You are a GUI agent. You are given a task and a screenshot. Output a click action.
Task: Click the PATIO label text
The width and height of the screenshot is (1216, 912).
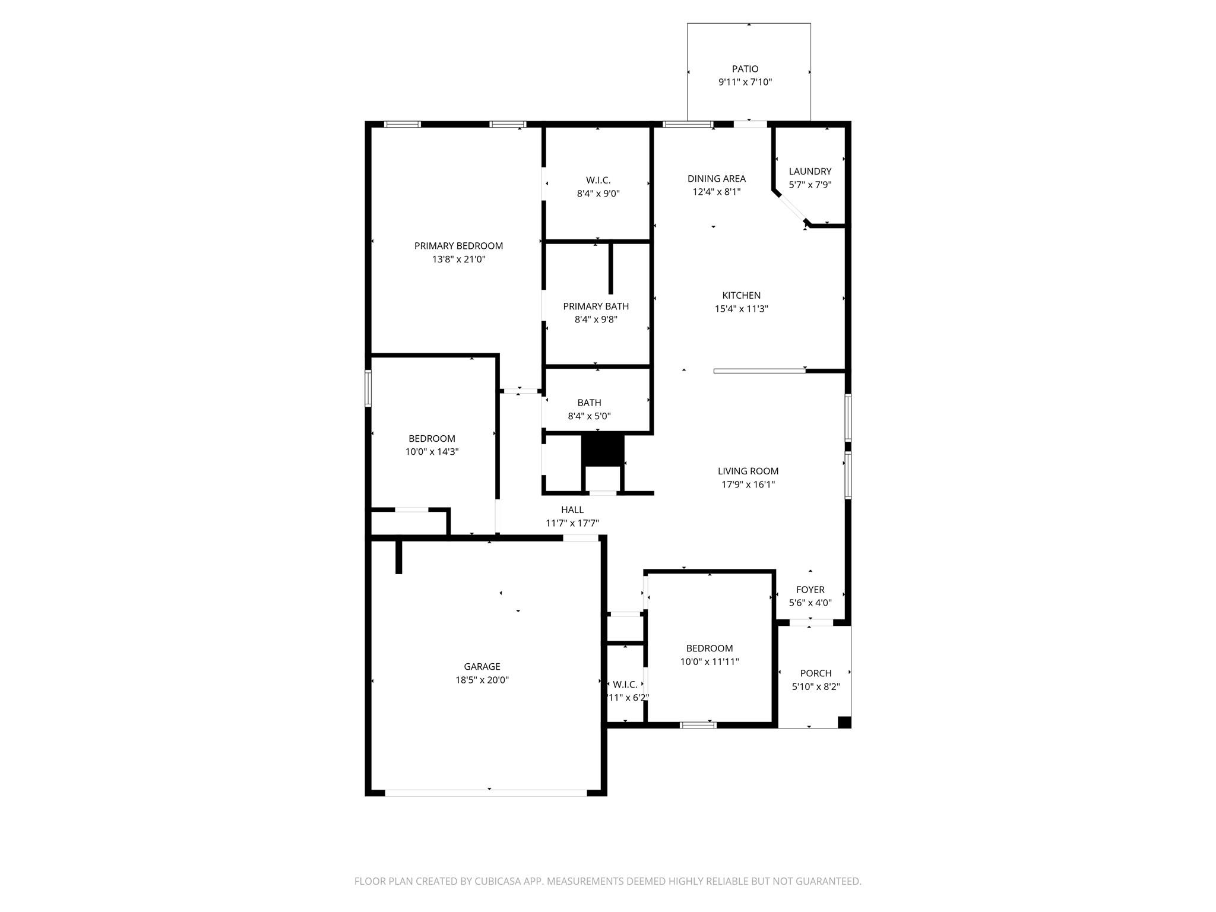(745, 69)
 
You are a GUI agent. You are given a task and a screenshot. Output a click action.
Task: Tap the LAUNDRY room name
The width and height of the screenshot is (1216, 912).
(810, 172)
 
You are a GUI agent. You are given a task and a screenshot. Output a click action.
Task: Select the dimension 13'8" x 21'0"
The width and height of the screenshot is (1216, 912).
(458, 259)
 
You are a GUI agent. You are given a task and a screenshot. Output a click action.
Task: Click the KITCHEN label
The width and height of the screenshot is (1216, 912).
(741, 295)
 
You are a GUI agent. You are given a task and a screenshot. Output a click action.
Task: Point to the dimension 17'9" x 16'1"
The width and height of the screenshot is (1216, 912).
(748, 484)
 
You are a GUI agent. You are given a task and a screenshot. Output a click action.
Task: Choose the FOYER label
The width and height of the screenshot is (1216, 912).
(810, 590)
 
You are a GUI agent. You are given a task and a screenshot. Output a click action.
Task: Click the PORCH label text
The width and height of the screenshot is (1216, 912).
(815, 673)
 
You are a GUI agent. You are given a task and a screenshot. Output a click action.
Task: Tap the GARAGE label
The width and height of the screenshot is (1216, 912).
(482, 667)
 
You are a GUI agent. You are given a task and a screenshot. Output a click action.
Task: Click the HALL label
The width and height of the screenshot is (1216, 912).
(572, 509)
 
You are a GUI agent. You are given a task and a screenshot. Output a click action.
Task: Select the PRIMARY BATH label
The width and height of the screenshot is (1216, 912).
(596, 306)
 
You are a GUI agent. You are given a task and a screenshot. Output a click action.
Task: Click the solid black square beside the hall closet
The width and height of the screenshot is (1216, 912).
(603, 450)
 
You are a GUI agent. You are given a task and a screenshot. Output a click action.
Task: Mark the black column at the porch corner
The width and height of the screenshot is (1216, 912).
(844, 722)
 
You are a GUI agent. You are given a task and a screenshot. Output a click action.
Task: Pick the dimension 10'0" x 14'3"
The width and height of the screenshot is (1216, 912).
(432, 452)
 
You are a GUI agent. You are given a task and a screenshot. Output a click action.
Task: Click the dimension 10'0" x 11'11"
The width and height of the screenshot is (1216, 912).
(709, 662)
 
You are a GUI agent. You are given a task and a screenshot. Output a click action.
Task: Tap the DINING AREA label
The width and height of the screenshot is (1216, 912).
(716, 179)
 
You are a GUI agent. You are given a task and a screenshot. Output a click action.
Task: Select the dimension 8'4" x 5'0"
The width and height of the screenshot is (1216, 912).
(589, 416)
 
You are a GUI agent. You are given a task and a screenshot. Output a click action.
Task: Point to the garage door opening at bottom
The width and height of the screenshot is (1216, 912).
(486, 793)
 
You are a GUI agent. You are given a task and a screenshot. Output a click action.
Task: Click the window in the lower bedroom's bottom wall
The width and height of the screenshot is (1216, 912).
(698, 724)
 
